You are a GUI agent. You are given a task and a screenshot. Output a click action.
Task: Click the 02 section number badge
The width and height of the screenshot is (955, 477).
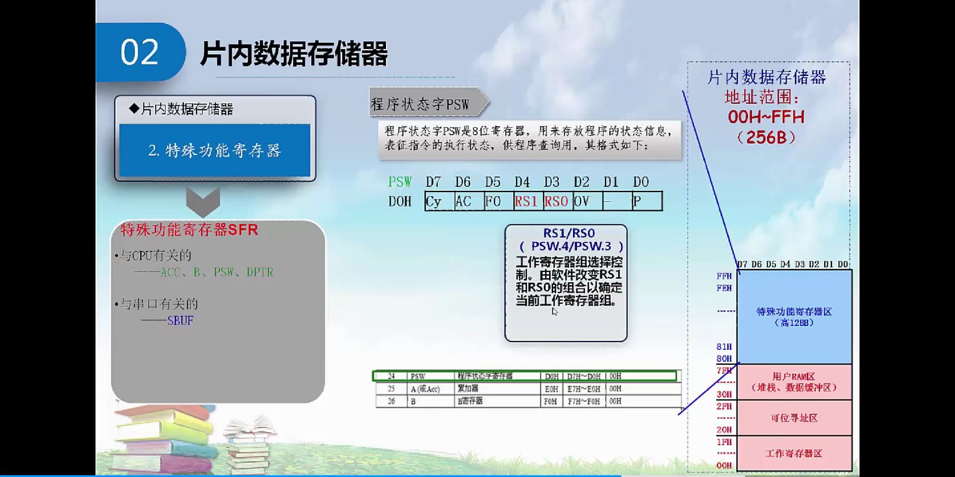coord(139,52)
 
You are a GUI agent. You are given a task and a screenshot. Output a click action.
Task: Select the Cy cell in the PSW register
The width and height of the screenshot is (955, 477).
coord(439,201)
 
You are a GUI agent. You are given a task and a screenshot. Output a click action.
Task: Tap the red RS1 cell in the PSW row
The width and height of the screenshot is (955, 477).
coord(528,201)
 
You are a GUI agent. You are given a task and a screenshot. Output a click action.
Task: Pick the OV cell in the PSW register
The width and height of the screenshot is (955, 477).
coord(587,201)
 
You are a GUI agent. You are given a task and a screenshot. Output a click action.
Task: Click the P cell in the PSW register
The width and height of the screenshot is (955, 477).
coord(646,201)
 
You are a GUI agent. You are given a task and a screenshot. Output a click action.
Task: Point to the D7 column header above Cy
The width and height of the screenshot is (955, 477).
coord(433,182)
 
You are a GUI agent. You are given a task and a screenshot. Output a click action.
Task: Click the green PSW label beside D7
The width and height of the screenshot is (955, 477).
coord(400,182)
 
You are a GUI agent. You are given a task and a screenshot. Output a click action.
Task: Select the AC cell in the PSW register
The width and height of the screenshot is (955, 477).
coord(469,201)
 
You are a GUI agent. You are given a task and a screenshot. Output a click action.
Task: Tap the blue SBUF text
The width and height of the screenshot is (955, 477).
coord(180,321)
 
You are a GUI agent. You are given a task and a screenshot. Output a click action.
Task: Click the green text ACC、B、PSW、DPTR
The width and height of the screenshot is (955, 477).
coord(216,272)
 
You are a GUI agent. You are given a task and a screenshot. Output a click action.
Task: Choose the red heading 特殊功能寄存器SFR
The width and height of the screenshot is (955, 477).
coord(189,230)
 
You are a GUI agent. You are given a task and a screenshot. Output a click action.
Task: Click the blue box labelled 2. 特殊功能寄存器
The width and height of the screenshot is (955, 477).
coord(214,150)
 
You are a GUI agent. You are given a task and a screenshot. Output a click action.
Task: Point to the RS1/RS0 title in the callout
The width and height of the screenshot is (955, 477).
coord(569,233)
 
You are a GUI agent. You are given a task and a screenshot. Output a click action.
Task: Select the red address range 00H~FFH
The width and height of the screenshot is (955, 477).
coord(766,117)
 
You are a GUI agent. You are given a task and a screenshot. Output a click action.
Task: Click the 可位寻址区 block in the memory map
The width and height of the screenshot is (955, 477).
coord(794,418)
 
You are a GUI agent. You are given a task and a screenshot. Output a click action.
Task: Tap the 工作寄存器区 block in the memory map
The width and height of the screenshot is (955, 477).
coord(794,453)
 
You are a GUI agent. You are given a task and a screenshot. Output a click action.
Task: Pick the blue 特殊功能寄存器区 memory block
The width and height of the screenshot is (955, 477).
coord(794,317)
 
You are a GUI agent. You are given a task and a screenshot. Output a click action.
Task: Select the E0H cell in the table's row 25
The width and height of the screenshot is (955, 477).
coord(551,389)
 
